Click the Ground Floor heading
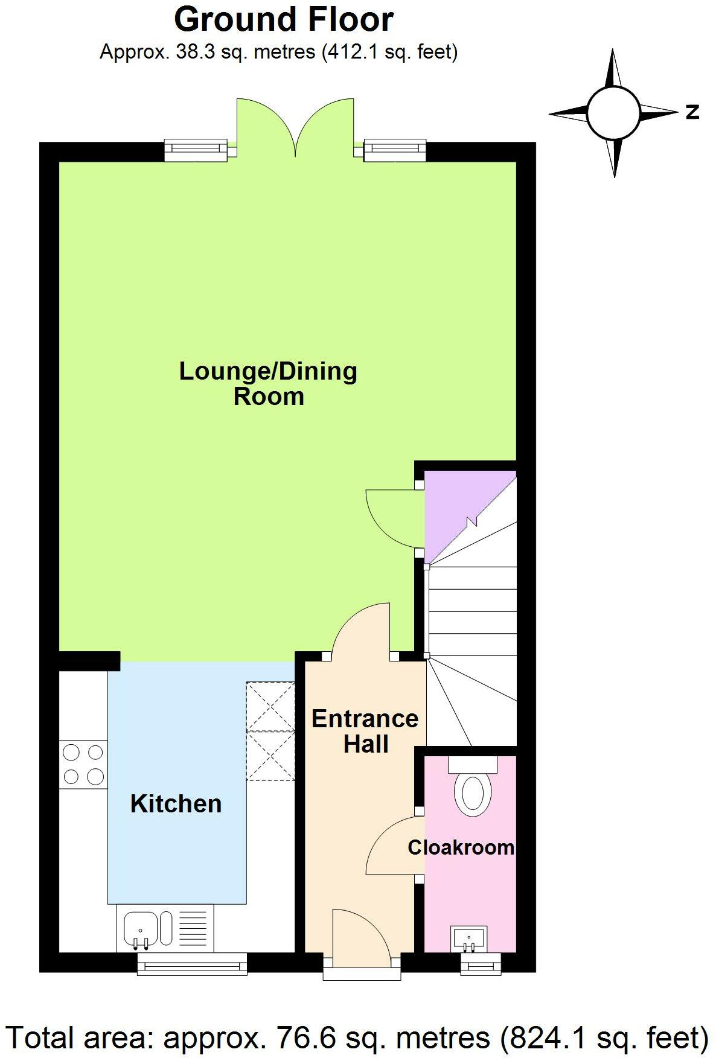(x=284, y=20)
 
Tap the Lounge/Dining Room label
(x=269, y=383)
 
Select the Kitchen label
(x=176, y=804)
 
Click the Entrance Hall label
(x=365, y=731)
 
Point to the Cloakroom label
(x=461, y=847)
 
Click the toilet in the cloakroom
(x=473, y=792)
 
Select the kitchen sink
(x=141, y=928)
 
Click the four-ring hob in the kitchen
(x=83, y=764)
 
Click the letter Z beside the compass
(x=692, y=112)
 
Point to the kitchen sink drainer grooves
(x=193, y=928)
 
